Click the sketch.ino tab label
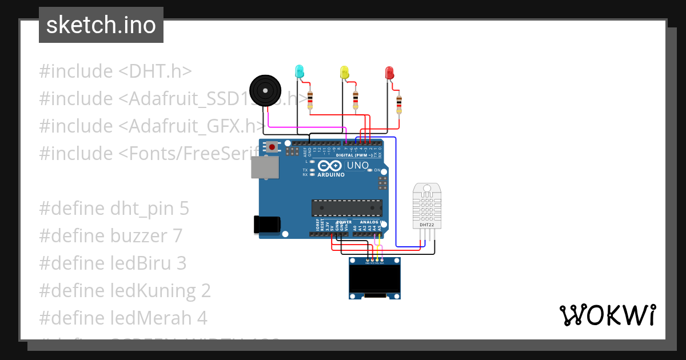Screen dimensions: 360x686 tap(101, 25)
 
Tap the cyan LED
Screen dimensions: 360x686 tap(299, 71)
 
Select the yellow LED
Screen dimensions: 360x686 tap(344, 72)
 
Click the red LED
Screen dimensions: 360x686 tap(389, 73)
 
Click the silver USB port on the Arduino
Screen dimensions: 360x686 tap(265, 168)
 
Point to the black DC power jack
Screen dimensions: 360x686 tap(267, 224)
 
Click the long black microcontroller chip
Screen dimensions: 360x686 tap(347, 208)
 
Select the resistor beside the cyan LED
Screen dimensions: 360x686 tap(310, 99)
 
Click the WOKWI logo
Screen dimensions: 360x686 tap(607, 315)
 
